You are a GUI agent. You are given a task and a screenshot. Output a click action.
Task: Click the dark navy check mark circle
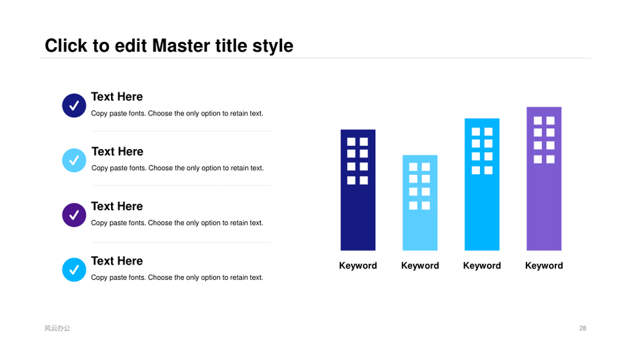click(x=74, y=105)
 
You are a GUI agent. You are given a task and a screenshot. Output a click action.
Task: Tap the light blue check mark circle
click(x=74, y=160)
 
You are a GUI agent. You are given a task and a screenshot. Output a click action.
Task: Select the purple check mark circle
click(x=74, y=215)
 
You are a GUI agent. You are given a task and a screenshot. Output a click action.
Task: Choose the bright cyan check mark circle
click(x=74, y=269)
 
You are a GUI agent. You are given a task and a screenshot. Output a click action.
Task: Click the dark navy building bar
click(x=358, y=190)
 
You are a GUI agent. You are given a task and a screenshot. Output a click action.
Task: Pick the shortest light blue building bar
click(x=420, y=203)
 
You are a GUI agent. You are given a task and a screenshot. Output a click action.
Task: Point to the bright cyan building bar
click(x=482, y=184)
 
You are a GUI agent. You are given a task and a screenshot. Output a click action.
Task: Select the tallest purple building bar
click(x=544, y=179)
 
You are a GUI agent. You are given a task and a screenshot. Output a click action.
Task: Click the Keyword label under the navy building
click(x=358, y=265)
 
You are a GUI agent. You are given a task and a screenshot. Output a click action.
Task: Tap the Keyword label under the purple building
click(x=544, y=265)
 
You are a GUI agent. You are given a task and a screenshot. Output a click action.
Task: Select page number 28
click(x=582, y=328)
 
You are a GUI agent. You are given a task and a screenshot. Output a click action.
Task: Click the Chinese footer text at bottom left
click(x=57, y=328)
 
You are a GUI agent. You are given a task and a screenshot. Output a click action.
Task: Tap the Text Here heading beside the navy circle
click(x=117, y=97)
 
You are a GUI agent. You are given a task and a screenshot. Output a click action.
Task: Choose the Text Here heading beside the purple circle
click(x=117, y=206)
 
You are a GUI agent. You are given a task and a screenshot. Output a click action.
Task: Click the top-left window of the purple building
click(x=538, y=120)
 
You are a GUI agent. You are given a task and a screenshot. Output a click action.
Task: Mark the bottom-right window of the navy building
click(x=363, y=180)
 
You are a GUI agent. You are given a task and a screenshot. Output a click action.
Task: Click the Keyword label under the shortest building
click(x=420, y=265)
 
